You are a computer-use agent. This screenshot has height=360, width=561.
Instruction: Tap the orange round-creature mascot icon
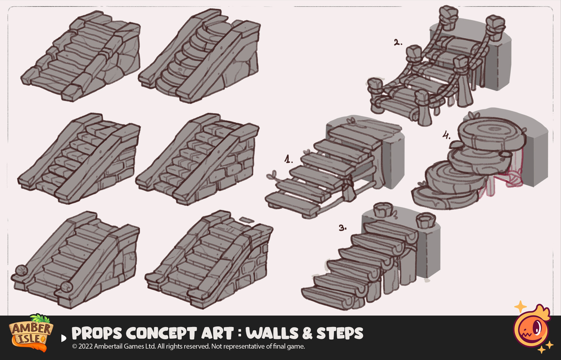532,328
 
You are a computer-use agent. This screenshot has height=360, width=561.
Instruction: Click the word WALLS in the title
272,333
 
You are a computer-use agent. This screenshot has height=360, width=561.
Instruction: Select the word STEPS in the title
340,333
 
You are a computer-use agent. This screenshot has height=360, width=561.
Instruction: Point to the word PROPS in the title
97,333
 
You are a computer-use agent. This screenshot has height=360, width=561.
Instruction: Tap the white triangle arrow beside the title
64,338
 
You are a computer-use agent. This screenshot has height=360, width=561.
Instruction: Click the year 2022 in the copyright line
85,346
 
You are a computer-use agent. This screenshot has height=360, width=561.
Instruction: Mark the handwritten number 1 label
288,159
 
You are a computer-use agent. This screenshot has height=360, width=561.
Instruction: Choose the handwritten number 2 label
397,42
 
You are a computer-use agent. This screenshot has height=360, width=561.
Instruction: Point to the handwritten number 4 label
446,135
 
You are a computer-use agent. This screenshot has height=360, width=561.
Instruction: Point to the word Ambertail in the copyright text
108,346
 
